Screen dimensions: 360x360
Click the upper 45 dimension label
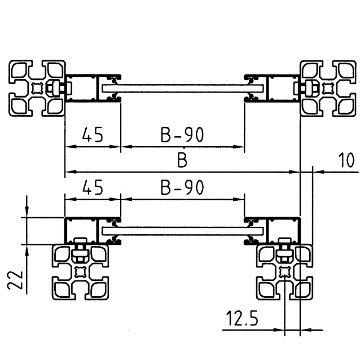[x=93, y=135]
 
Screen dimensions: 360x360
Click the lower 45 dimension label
[x=93, y=187]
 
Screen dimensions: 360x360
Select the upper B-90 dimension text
[x=182, y=135]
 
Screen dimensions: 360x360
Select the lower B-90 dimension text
[x=182, y=187]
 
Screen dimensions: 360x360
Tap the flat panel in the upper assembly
[x=182, y=89]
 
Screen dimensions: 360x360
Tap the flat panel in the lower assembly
[x=182, y=230]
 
